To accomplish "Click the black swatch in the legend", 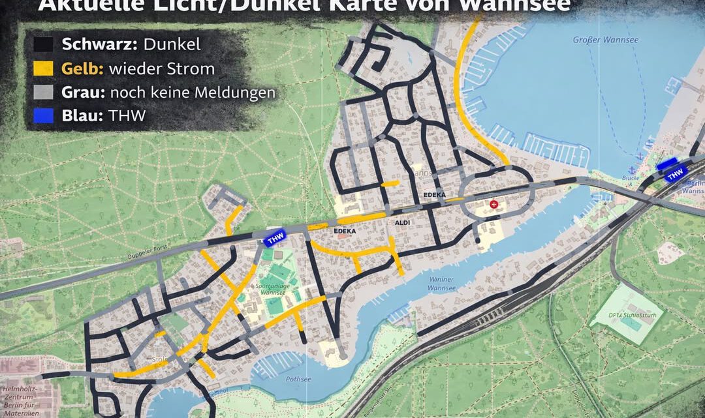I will tap(44, 44).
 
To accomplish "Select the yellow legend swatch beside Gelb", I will tap(44, 68).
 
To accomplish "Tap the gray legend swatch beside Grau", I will tap(44, 92).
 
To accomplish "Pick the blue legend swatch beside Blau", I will tap(44, 116).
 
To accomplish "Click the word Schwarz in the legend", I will tap(96, 44).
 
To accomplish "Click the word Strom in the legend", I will tap(195, 68).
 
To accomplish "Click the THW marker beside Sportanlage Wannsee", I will tap(275, 239).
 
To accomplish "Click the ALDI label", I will tap(402, 223).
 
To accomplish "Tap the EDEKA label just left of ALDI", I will tap(345, 231).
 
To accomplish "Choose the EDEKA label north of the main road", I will tap(434, 195).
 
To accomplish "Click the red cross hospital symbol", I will tap(494, 205).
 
